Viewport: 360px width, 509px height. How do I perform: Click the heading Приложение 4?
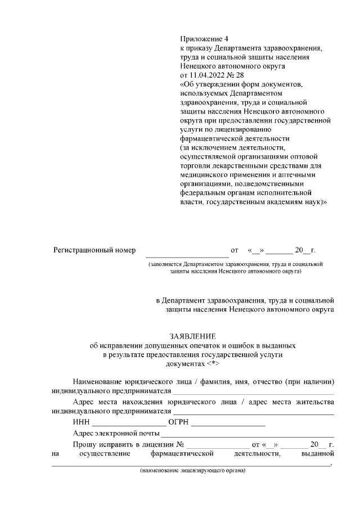[x=205, y=39]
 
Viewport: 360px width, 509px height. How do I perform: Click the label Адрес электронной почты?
[x=116, y=434]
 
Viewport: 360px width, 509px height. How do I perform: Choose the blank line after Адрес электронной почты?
[x=247, y=435]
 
